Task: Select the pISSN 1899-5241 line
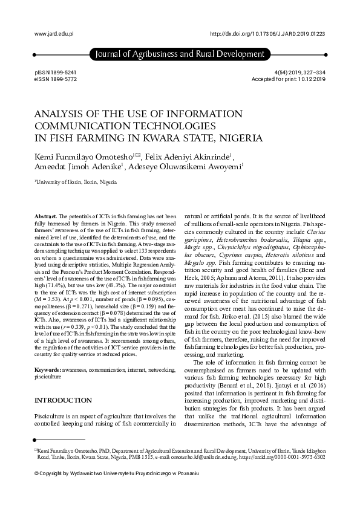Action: pos(56,73)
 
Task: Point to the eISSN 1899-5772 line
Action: pos(56,79)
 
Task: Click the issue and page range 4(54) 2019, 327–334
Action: pos(300,73)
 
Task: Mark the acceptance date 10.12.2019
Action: pos(309,79)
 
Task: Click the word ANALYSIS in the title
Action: pos(59,114)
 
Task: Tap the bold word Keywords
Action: pos(48,351)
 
